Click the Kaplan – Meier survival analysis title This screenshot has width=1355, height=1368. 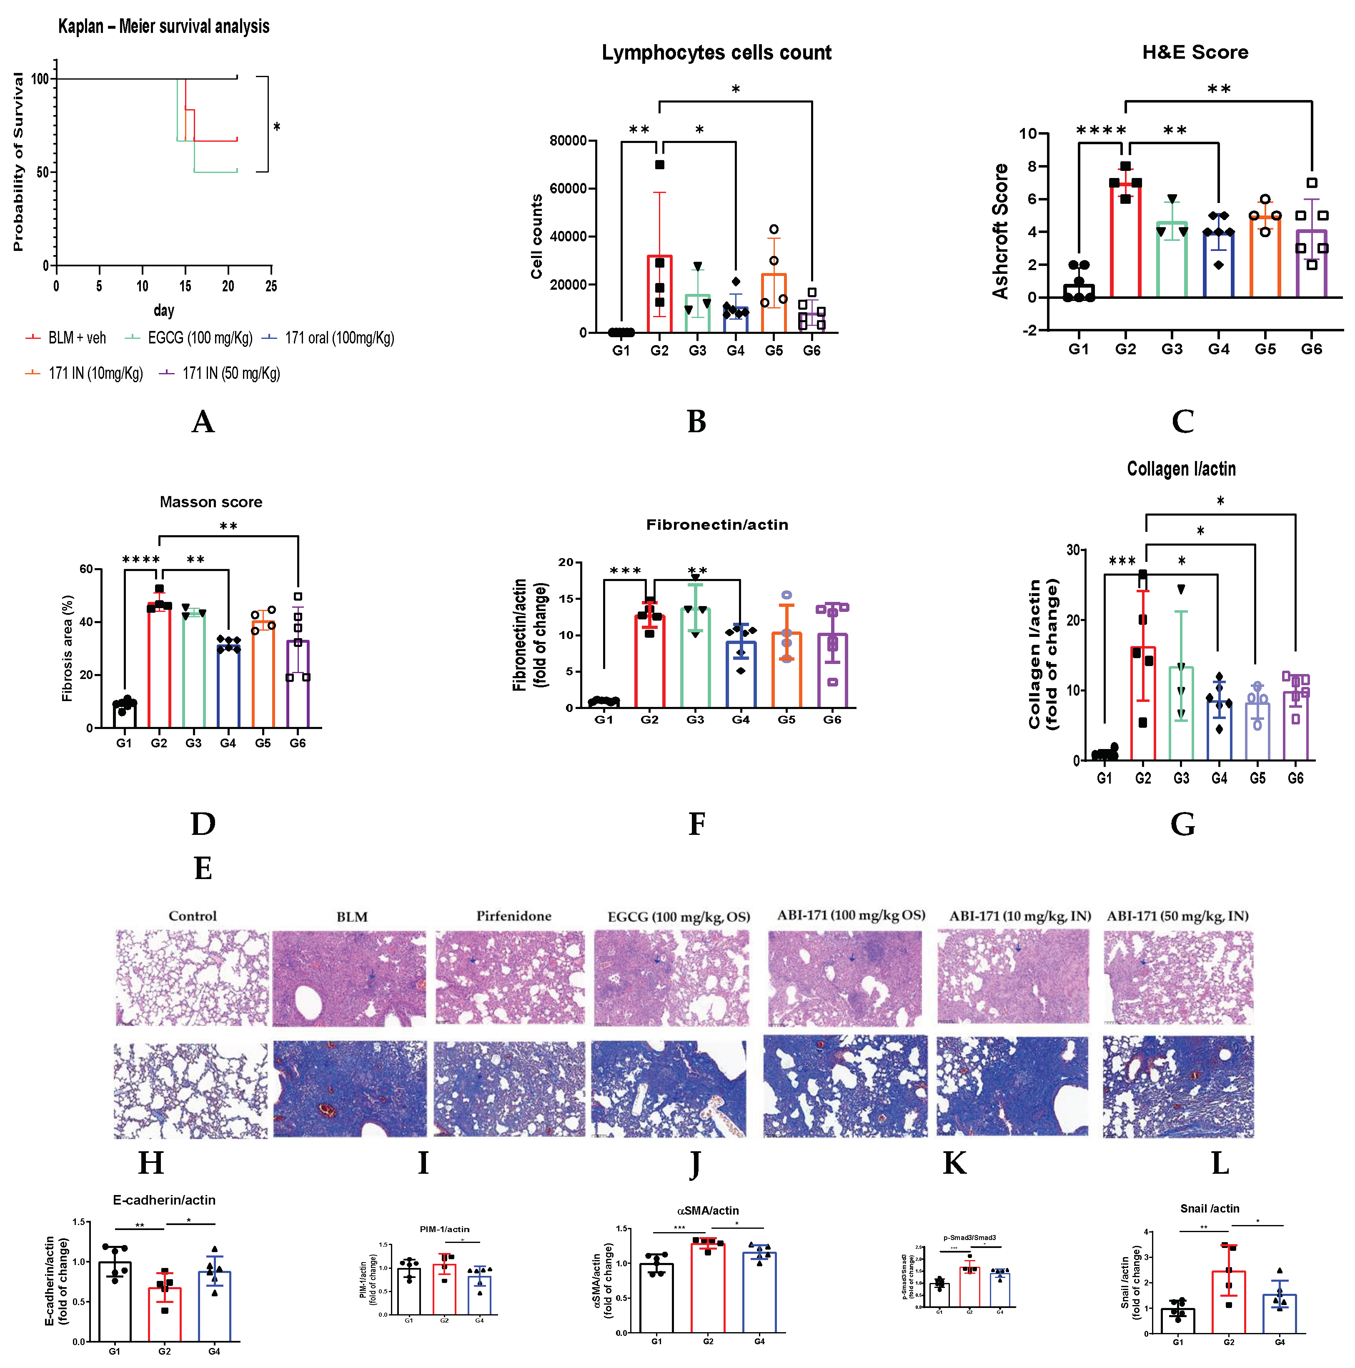[163, 27]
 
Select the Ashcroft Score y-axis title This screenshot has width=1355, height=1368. [999, 231]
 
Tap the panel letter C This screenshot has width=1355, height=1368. [1182, 422]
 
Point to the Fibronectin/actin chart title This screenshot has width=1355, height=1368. [716, 525]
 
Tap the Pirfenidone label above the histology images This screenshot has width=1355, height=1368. [513, 916]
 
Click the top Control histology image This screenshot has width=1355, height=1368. [192, 977]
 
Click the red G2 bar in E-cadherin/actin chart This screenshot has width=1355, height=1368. [164, 1315]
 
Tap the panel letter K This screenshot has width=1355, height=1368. [954, 1163]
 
